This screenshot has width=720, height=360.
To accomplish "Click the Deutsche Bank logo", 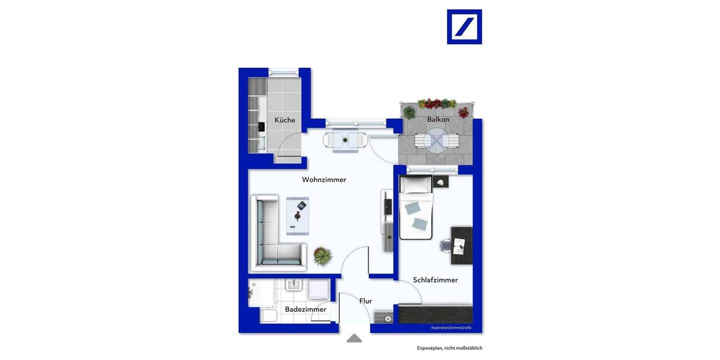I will pyautogui.click(x=464, y=26).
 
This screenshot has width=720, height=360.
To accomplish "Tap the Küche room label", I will pyautogui.click(x=285, y=120).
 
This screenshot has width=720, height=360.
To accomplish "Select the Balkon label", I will pyautogui.click(x=438, y=119).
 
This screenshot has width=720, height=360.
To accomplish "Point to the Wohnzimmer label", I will pyautogui.click(x=324, y=179).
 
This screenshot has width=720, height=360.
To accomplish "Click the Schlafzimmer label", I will pyautogui.click(x=435, y=280).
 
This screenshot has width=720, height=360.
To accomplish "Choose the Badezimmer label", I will pyautogui.click(x=305, y=310).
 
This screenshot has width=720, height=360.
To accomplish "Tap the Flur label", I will pyautogui.click(x=366, y=301).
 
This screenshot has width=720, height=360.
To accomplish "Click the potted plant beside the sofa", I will pyautogui.click(x=323, y=256).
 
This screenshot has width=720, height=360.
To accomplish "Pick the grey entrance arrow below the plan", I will pyautogui.click(x=355, y=338).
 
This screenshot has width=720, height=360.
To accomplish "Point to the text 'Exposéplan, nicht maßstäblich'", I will pyautogui.click(x=449, y=348).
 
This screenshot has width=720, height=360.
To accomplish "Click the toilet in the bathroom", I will pyautogui.click(x=268, y=314).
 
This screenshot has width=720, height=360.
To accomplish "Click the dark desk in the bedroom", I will pyautogui.click(x=461, y=245).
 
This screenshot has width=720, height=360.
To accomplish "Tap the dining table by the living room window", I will pyautogui.click(x=345, y=140).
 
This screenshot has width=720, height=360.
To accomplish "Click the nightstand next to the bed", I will pyautogui.click(x=441, y=182).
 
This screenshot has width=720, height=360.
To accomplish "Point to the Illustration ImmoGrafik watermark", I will pyautogui.click(x=451, y=328).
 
